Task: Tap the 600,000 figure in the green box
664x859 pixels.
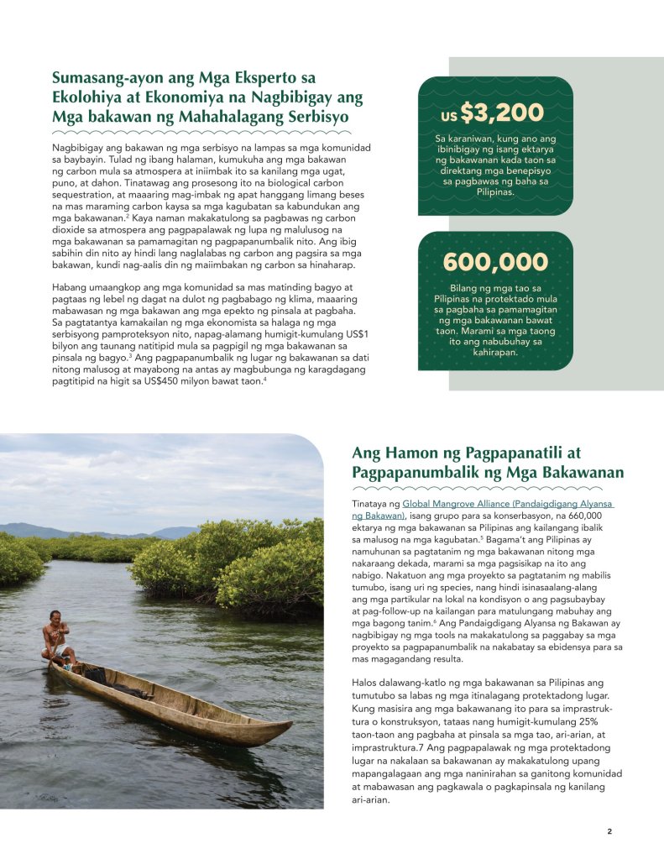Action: pos(495,262)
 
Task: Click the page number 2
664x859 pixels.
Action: pos(609,832)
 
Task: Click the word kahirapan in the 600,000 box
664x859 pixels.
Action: pos(494,353)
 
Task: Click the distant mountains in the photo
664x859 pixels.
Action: pos(101,530)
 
